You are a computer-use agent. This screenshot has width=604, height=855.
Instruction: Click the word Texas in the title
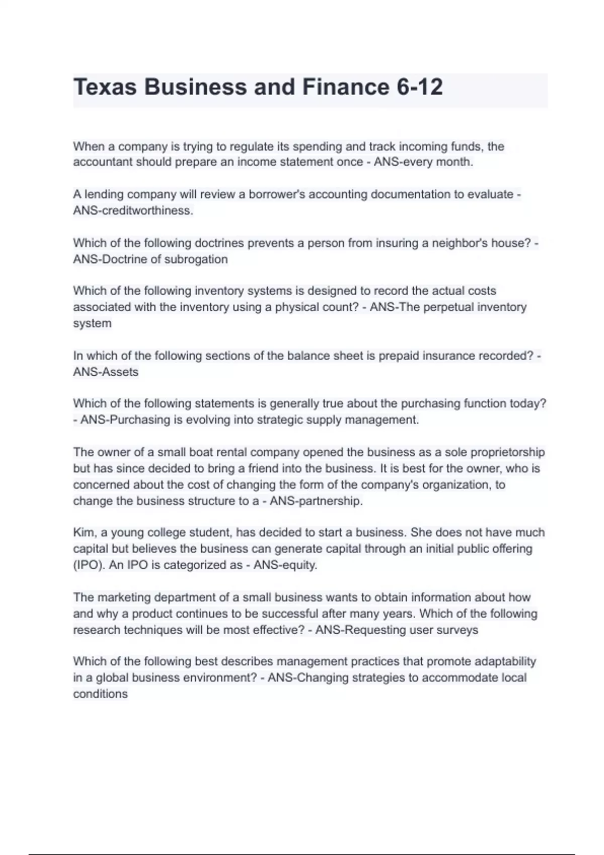point(105,87)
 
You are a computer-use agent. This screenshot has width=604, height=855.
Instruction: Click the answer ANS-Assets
point(106,372)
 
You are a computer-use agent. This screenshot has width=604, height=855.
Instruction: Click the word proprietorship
point(507,453)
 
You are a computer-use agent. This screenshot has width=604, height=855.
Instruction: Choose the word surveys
point(459,630)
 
